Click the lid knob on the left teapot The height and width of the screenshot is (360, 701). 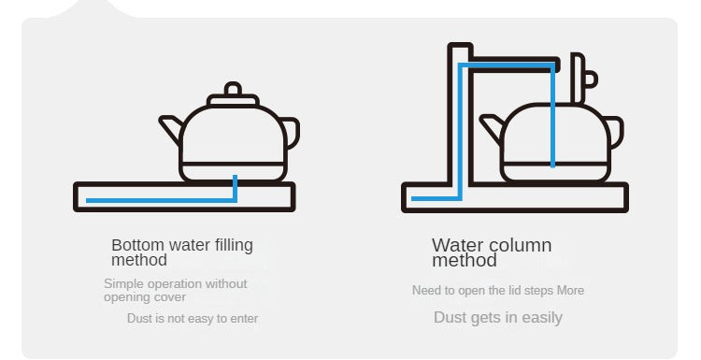tap(233, 89)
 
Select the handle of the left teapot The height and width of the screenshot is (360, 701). tap(292, 132)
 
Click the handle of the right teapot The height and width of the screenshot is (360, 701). tap(616, 131)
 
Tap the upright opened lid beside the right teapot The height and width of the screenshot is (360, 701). tap(582, 79)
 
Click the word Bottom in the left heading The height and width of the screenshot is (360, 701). tap(137, 245)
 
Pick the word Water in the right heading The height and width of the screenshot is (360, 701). tap(458, 245)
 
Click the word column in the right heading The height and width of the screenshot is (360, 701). tap(521, 245)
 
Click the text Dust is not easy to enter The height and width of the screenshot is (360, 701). tap(193, 319)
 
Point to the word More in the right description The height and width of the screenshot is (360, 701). tap(570, 290)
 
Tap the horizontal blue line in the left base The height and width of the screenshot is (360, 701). tap(162, 200)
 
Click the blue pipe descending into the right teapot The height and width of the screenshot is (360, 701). tap(553, 115)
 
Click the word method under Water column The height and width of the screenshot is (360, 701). tap(465, 260)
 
